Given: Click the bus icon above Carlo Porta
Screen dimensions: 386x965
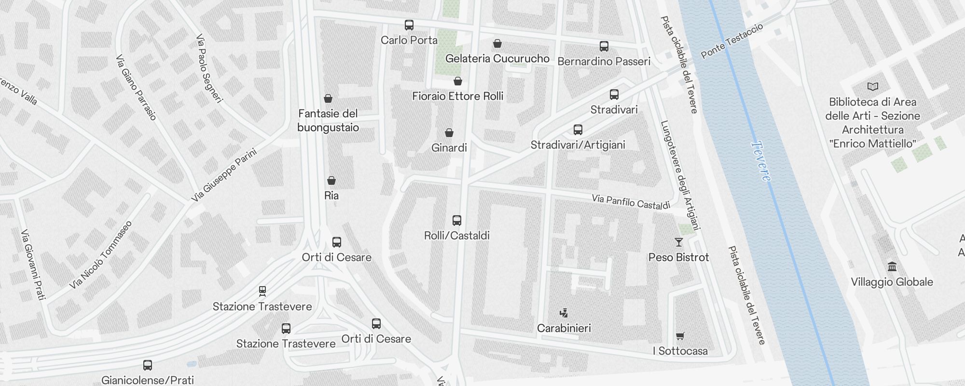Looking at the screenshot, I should [x=409, y=25].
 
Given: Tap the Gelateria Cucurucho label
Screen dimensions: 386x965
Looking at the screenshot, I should [x=497, y=58].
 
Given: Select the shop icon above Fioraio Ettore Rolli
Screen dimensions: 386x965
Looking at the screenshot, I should [x=458, y=81].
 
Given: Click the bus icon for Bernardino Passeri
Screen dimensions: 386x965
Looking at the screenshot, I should [x=604, y=46].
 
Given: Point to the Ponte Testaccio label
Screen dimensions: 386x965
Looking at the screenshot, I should [x=731, y=41].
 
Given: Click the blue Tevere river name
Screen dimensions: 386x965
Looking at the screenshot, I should [x=761, y=161].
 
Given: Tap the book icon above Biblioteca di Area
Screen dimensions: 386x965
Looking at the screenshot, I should [x=872, y=87].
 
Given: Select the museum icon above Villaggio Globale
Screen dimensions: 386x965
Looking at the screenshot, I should [x=892, y=267].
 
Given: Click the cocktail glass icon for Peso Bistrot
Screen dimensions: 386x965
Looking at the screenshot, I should [x=679, y=242].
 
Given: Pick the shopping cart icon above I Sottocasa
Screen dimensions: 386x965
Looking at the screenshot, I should [x=680, y=336].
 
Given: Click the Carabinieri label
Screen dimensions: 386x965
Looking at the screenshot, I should [x=564, y=328].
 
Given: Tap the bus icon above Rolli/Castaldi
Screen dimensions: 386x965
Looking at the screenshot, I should [x=456, y=221].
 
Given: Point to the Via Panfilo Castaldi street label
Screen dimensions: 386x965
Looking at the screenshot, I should [x=631, y=202].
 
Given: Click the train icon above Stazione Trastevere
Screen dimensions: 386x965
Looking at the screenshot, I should [x=262, y=291].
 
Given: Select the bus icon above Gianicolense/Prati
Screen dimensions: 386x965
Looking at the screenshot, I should [x=148, y=365].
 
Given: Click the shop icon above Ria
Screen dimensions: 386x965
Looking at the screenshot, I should [x=331, y=180].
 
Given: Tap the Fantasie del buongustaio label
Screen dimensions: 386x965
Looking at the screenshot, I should [x=328, y=121].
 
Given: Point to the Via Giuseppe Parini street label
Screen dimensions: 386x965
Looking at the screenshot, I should [x=224, y=176].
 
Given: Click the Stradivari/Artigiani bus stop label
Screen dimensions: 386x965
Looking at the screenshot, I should [x=578, y=145].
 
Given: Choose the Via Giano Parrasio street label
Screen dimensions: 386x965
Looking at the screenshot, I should [x=136, y=87].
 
